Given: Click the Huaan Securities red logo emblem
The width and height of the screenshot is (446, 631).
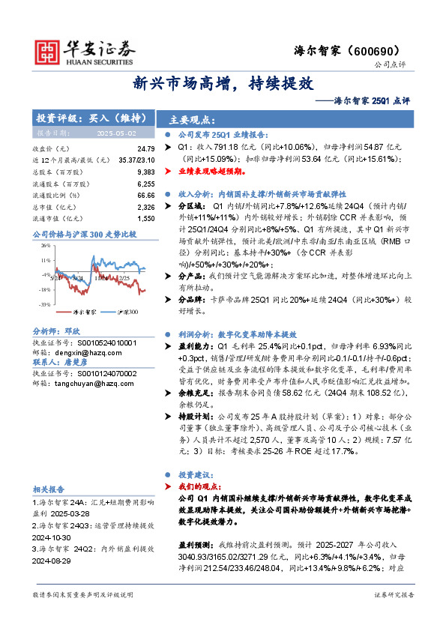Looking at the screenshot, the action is pyautogui.click(x=47, y=50).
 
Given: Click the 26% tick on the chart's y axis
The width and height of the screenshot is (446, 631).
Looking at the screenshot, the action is pyautogui.click(x=46, y=245).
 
